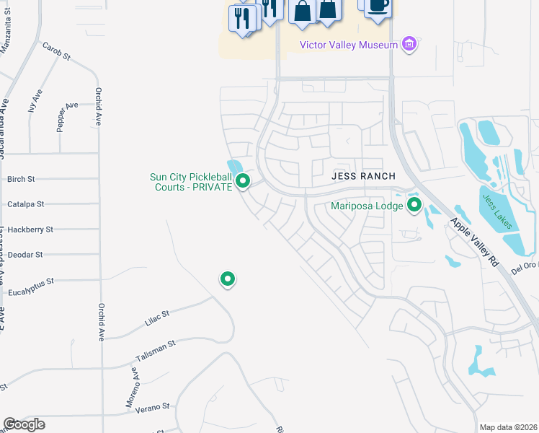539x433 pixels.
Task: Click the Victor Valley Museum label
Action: point(349,45)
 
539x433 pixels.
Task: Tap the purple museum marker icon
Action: point(409,45)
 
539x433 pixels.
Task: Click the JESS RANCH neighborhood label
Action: point(364,176)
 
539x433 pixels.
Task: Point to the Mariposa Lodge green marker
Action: point(414,206)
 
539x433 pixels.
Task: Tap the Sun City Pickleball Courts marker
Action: point(244,181)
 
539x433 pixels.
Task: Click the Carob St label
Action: point(55,50)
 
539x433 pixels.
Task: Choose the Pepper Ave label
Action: point(66,115)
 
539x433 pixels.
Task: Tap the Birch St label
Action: point(21,179)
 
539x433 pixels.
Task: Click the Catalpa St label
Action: point(25,204)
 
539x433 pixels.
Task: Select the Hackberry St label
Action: point(30,229)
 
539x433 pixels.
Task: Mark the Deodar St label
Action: point(24,255)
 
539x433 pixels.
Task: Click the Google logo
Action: point(24,424)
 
